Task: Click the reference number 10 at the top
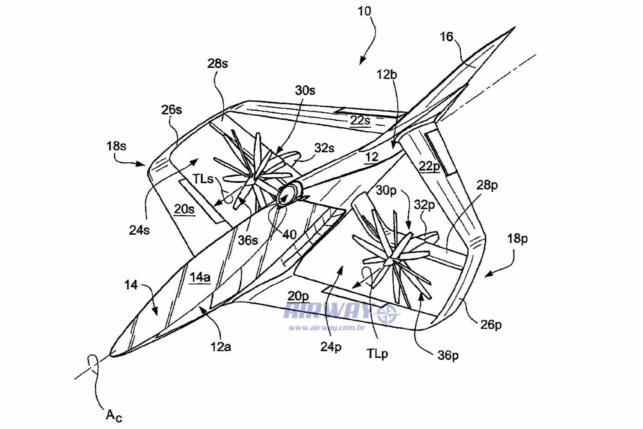click(364, 12)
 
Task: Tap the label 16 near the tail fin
click(446, 37)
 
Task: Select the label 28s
click(218, 63)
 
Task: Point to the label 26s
click(171, 110)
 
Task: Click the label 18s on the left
click(116, 146)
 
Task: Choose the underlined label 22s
click(360, 121)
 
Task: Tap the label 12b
click(387, 75)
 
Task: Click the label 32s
click(325, 148)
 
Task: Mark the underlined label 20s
click(184, 209)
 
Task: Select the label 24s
click(139, 230)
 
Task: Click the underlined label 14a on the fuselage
click(200, 277)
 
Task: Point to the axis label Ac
click(114, 416)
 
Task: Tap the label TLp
click(377, 354)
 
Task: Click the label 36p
click(448, 356)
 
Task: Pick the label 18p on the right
click(517, 239)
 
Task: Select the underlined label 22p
click(430, 166)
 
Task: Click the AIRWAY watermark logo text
click(327, 311)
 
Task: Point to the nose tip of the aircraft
click(111, 355)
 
